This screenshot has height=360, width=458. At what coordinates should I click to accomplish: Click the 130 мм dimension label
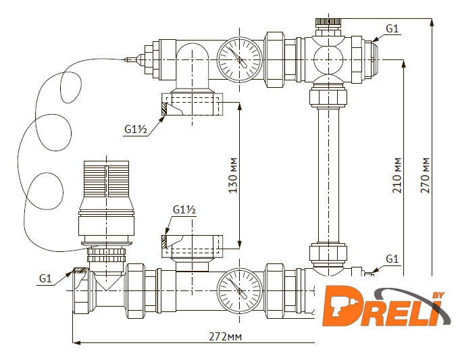tap(233, 176)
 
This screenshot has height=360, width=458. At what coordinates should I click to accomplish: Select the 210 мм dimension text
tap(397, 176)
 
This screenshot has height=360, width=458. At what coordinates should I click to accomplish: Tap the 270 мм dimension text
tap(425, 176)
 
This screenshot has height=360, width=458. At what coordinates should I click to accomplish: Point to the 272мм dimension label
tap(225, 336)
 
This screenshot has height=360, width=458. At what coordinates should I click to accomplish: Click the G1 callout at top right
tap(392, 28)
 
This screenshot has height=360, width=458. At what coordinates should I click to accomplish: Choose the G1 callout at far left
tap(45, 278)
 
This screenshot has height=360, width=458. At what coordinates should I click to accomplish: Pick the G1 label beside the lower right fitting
tap(392, 259)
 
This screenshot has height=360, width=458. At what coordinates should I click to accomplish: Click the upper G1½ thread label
tap(136, 129)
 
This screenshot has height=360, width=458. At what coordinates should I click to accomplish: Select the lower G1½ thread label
tap(184, 209)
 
